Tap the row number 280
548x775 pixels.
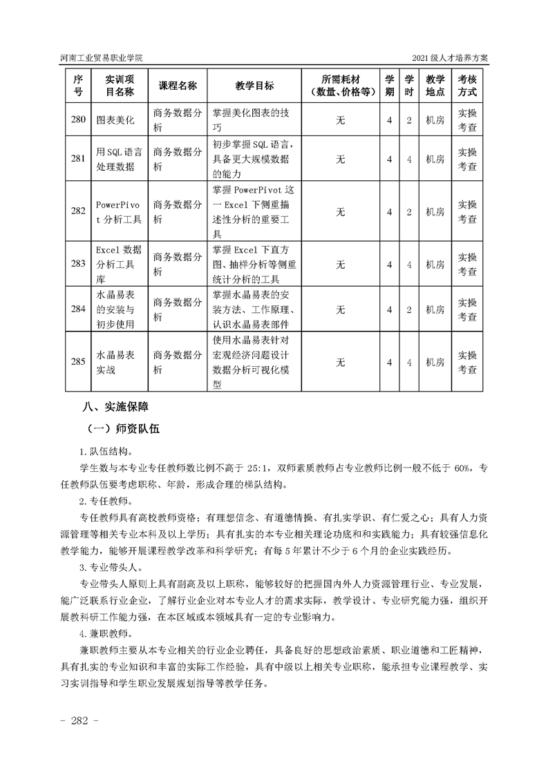click(x=78, y=119)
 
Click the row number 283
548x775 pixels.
click(x=78, y=264)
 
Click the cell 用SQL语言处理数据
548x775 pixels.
click(x=119, y=159)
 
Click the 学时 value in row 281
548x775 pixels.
click(x=409, y=159)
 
